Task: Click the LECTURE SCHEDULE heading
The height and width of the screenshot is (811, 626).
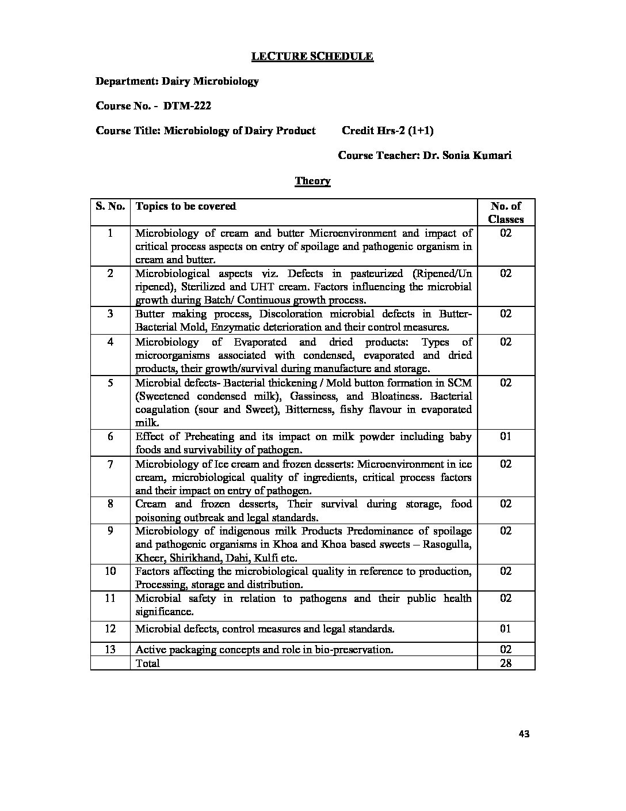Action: click(312, 56)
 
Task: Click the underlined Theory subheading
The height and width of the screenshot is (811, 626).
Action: click(312, 181)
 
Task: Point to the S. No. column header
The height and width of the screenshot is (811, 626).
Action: click(110, 206)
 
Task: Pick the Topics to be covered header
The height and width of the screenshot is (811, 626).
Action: click(185, 206)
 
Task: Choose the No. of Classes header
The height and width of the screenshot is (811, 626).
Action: click(506, 213)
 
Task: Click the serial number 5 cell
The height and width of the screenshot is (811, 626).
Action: click(110, 383)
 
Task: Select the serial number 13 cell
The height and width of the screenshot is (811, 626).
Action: click(110, 650)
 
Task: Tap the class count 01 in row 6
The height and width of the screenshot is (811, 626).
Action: click(506, 437)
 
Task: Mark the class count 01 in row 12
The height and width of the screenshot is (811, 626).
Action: click(506, 629)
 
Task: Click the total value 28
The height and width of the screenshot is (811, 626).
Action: click(506, 664)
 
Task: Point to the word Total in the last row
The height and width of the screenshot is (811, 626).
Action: click(147, 664)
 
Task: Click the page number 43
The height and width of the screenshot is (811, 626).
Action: click(524, 734)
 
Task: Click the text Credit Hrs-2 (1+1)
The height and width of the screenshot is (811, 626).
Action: click(387, 131)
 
